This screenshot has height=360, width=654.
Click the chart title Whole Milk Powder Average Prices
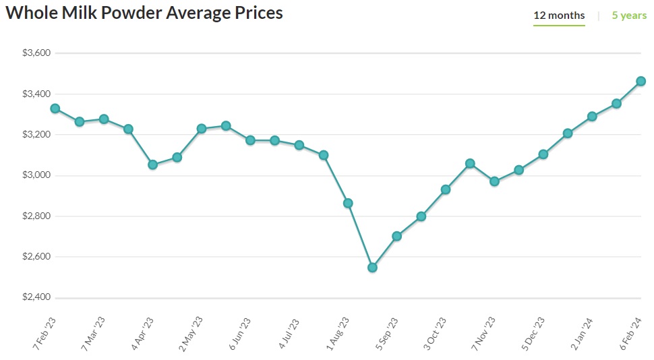point(144,13)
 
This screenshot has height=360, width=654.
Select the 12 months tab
point(559,16)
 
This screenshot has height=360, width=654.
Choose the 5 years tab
point(629,16)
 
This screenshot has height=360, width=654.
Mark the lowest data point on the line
point(372,268)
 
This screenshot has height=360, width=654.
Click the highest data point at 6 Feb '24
point(641,82)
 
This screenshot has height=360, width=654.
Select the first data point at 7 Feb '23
point(55,109)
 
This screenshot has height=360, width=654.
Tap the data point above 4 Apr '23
point(152,164)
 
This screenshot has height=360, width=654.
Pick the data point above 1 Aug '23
point(348,203)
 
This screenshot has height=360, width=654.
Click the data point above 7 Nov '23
point(494,181)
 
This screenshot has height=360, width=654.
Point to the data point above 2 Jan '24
point(592,116)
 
